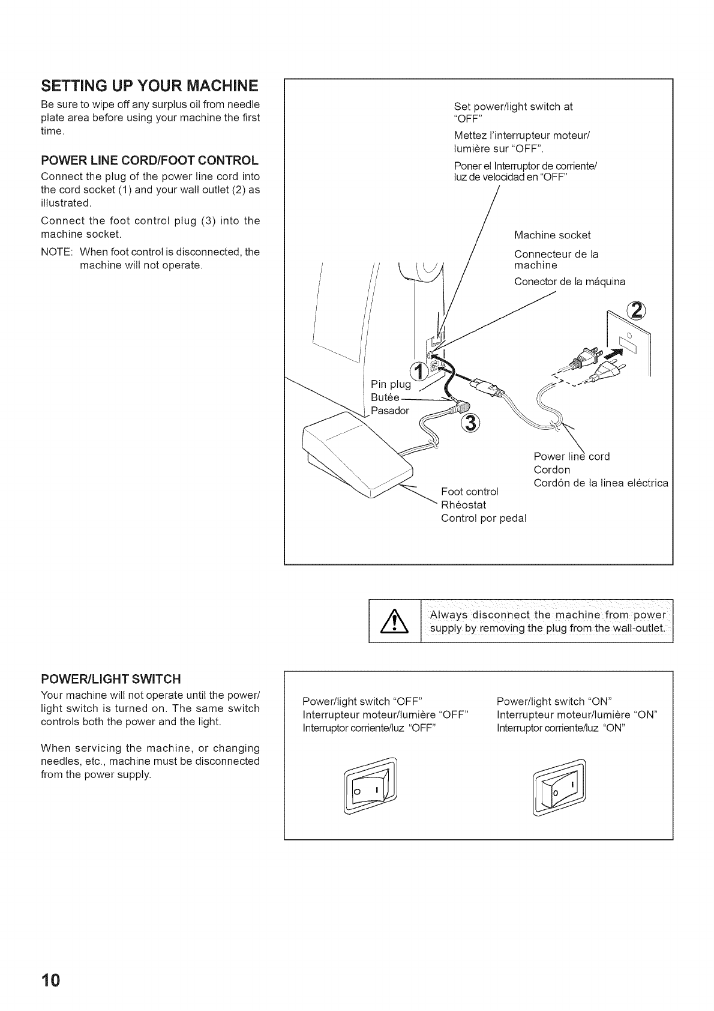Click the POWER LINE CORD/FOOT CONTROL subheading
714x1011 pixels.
click(x=149, y=161)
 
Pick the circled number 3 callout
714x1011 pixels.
click(x=472, y=423)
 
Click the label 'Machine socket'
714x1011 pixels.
click(x=552, y=235)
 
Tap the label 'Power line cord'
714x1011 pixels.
click(x=571, y=456)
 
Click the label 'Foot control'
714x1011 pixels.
click(x=469, y=492)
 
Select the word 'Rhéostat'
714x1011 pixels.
click(x=463, y=505)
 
